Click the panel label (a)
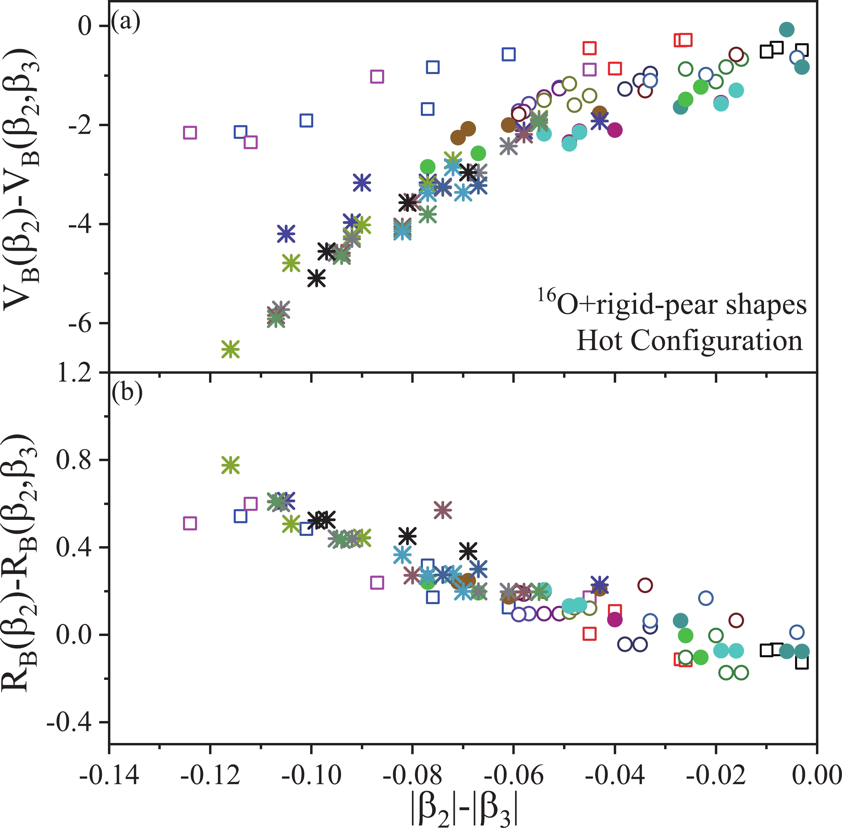pos(126,21)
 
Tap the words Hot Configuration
pos(689,340)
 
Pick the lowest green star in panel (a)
pos(230,349)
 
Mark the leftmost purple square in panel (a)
pos(190,133)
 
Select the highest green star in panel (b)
pos(230,465)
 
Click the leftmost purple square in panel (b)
pos(190,523)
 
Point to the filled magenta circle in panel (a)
pos(614,130)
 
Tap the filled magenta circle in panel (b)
pos(614,620)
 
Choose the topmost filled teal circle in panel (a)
pos(787,29)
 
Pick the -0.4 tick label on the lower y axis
pos(69,722)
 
